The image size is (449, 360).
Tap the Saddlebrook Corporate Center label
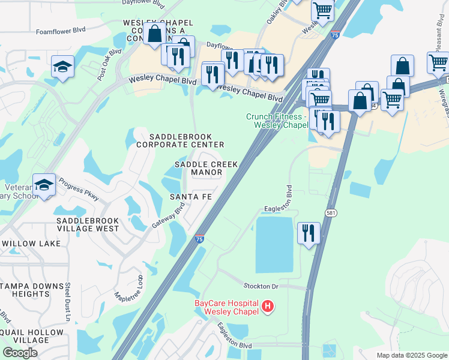tap(180, 140)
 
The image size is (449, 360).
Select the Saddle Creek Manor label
tap(206, 168)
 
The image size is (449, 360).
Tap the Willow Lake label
tap(31, 244)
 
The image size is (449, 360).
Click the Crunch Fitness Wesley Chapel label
tap(276, 121)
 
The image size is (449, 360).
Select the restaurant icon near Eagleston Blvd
tap(309, 233)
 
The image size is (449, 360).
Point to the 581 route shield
tap(331, 212)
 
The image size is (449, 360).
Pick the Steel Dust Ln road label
tap(68, 301)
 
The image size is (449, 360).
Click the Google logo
tap(20, 353)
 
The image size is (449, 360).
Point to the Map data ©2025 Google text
tap(412, 355)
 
